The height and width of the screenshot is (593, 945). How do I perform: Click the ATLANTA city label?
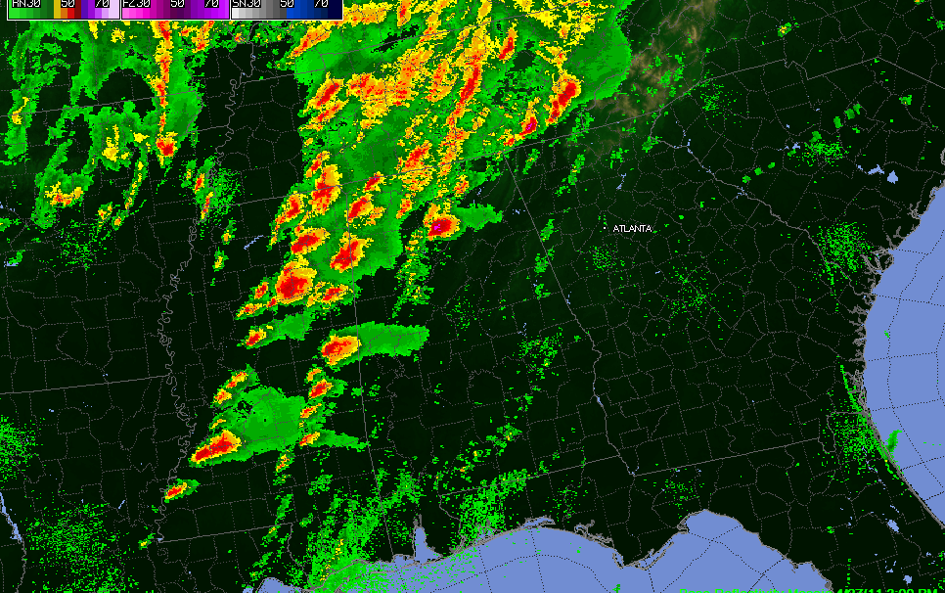632,228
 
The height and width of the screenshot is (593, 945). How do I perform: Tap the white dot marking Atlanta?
607,228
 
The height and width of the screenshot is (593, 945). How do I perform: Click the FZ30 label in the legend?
136,4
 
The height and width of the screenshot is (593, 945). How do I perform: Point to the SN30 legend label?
247,4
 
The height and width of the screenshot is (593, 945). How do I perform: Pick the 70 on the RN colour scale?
101,4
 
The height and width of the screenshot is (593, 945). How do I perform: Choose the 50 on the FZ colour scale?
177,4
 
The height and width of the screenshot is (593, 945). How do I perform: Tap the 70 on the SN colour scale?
321,4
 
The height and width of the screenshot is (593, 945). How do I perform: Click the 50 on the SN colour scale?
288,4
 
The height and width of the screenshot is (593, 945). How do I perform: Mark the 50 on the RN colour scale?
67,4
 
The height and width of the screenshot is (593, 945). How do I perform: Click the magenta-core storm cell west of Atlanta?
439,227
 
